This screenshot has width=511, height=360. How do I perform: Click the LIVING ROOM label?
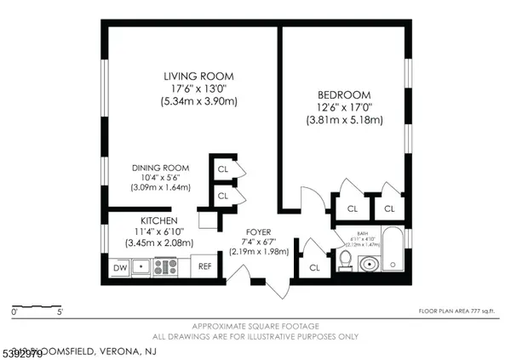coord(198,77)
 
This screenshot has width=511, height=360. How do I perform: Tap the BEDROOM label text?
coord(345,95)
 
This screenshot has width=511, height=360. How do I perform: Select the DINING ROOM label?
coord(159,167)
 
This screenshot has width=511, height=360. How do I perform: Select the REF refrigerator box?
coord(204,266)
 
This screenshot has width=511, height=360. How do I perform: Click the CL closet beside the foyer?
coord(314,267)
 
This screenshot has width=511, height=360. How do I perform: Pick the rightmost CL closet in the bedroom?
coord(389,208)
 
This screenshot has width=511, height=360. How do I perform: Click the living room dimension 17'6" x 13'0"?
coord(198,89)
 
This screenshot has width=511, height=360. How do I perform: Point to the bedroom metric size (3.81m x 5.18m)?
coord(345,121)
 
